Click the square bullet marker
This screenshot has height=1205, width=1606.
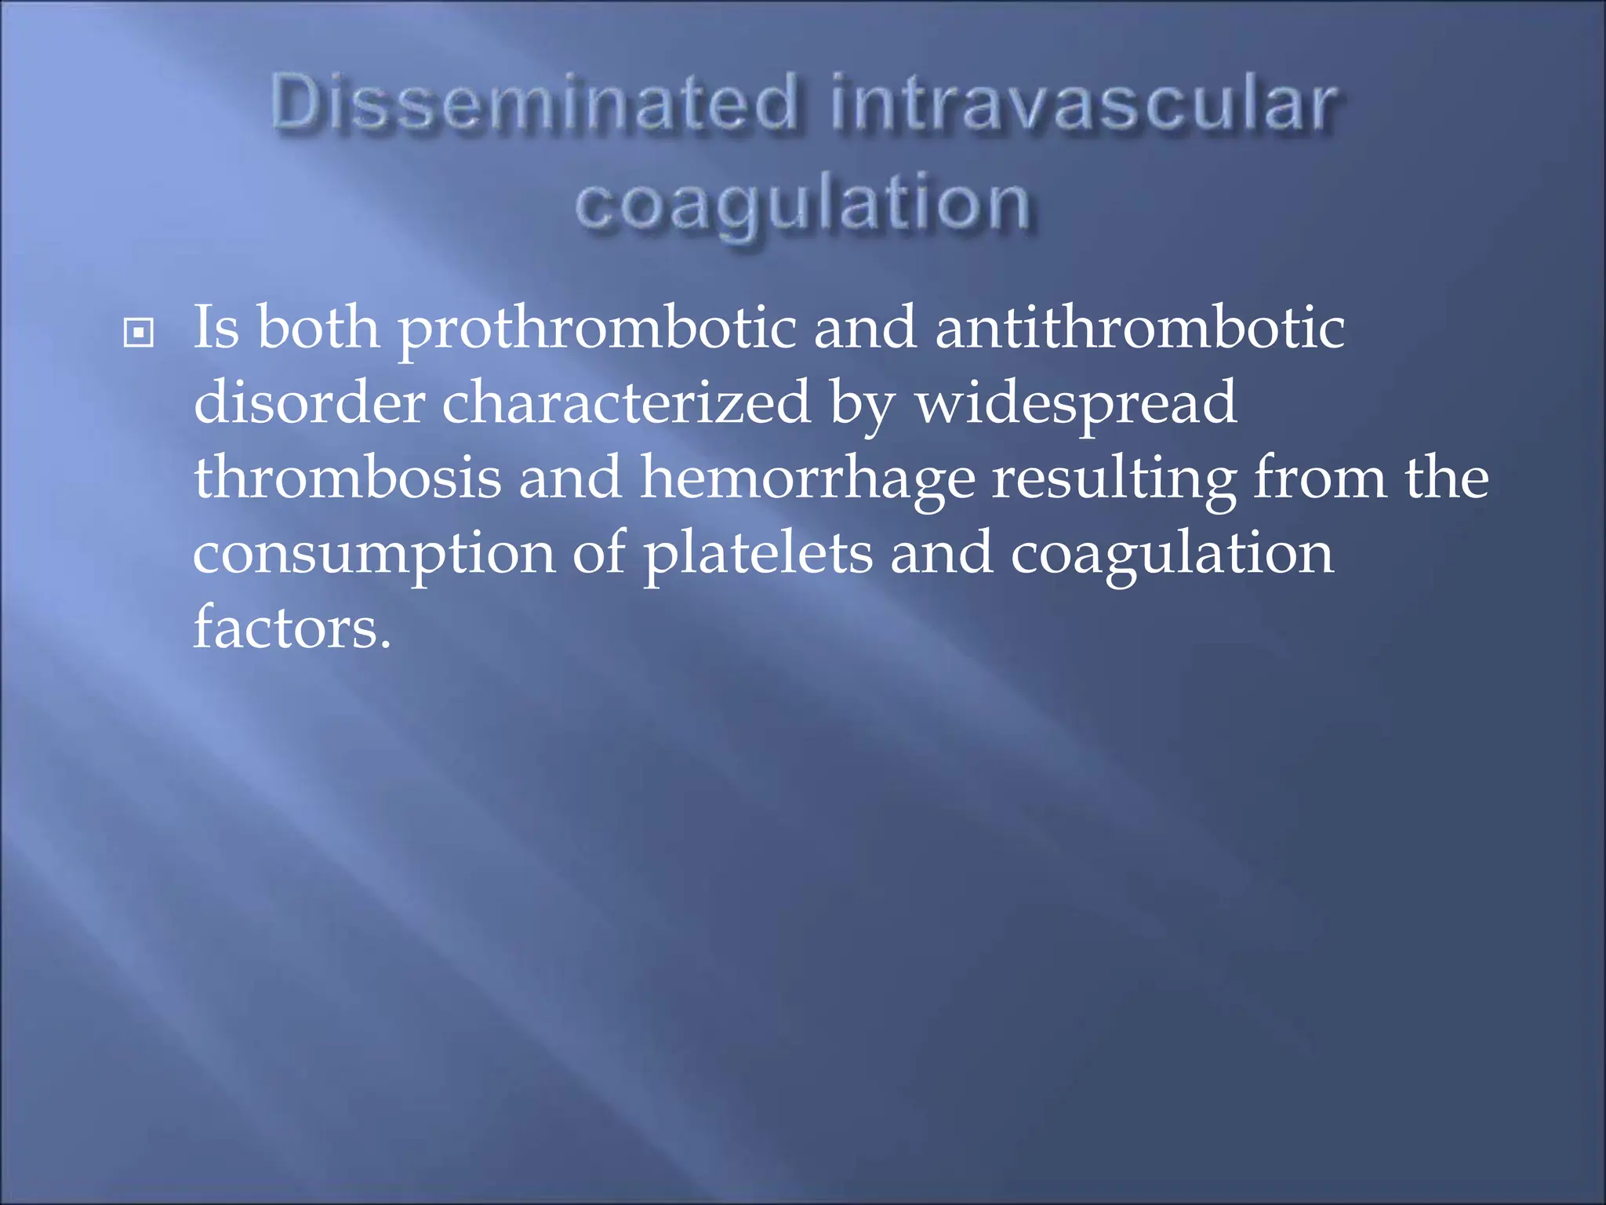[139, 333]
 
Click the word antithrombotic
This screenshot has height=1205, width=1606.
[1140, 328]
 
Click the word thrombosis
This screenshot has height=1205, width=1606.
[347, 479]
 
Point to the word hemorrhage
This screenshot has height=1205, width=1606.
[808, 479]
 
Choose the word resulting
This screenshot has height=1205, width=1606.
[1114, 479]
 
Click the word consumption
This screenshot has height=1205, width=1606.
[374, 554]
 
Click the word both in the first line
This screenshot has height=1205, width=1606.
[318, 328]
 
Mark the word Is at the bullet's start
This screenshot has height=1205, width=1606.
[216, 328]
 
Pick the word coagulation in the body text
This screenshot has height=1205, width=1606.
[1172, 554]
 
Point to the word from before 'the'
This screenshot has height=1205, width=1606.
[1320, 479]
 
